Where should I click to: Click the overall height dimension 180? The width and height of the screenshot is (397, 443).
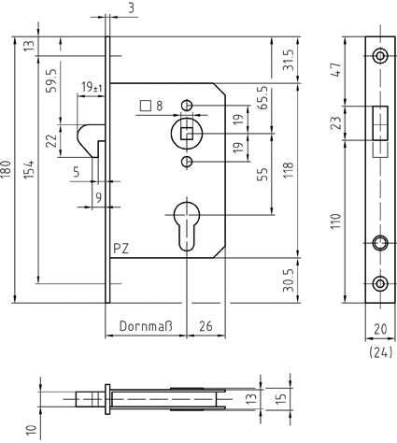click(x=7, y=171)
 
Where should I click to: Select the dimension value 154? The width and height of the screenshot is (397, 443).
click(x=29, y=169)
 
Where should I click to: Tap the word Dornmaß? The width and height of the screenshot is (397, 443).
click(x=146, y=326)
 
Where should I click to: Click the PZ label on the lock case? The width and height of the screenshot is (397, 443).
click(x=121, y=249)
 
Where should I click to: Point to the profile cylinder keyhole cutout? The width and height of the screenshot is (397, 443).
click(x=187, y=226)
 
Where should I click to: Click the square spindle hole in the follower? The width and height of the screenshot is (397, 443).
click(x=187, y=134)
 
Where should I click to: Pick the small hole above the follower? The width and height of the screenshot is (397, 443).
click(x=187, y=105)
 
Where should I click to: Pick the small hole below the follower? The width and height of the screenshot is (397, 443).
click(x=187, y=162)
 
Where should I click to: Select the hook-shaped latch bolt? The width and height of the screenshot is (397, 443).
click(x=91, y=140)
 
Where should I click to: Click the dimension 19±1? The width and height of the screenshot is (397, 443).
click(x=92, y=87)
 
